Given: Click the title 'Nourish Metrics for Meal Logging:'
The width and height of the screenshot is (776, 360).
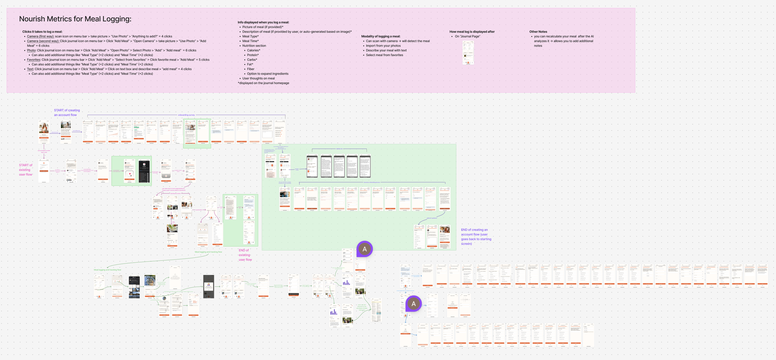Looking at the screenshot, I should point(75,19).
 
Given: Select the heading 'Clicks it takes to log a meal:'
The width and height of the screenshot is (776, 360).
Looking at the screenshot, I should point(42,32).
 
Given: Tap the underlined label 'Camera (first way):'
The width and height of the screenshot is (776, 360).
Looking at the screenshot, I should point(40,36).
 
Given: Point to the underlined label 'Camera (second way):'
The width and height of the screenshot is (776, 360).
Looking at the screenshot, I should point(43,41).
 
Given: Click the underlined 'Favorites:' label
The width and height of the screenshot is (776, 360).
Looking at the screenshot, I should point(34,60).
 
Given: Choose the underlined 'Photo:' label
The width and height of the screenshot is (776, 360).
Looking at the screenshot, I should point(31,50).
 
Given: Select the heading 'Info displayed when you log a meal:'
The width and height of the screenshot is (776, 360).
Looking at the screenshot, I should point(263,22).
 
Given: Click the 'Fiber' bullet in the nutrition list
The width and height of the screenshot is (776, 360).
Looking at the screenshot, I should point(250,69).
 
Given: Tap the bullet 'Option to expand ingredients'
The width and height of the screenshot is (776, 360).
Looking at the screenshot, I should point(268,74).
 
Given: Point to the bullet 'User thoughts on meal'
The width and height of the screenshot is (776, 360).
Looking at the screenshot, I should point(258,78).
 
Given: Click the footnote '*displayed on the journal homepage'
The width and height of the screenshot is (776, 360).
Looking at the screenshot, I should point(263,83).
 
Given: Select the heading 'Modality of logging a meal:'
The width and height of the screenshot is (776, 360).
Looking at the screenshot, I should point(381,36).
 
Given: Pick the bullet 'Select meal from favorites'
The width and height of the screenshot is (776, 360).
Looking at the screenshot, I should point(384,55).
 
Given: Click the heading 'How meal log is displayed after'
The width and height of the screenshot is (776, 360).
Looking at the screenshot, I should point(472,32).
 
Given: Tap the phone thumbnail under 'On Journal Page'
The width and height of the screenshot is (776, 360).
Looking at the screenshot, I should point(468,53).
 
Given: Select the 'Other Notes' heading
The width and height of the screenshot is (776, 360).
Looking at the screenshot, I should point(538,32).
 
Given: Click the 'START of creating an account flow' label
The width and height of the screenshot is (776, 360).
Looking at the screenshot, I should point(67,112).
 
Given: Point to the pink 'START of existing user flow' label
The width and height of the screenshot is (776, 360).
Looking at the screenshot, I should point(25,170).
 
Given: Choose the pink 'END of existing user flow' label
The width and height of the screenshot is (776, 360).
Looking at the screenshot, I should point(245,255).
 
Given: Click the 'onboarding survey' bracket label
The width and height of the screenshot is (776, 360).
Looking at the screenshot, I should point(186,115).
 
